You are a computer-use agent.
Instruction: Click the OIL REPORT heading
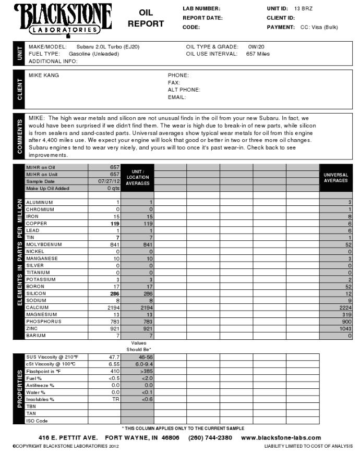[x=146, y=18]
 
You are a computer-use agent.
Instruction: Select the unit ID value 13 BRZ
[x=304, y=9]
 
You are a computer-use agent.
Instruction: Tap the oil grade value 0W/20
[x=255, y=46]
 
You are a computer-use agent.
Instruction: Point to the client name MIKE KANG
[x=44, y=75]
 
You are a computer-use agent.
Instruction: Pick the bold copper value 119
[x=112, y=223]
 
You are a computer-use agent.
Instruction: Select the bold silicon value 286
[x=112, y=293]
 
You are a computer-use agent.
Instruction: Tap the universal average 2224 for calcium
[x=344, y=308]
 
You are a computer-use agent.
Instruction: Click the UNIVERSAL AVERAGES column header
[x=335, y=178]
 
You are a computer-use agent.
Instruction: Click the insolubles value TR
[x=116, y=399]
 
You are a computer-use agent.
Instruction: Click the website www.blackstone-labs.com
[x=281, y=437]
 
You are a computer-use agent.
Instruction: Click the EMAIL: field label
[x=177, y=97]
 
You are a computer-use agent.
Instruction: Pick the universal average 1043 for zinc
[x=344, y=329]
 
